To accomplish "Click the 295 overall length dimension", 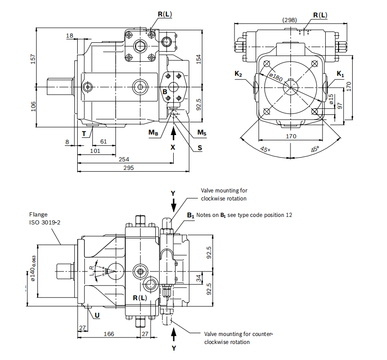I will (x=129, y=168).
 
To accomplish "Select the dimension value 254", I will (x=124, y=159).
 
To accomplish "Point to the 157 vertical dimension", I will (x=33, y=59).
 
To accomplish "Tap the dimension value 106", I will (x=33, y=106).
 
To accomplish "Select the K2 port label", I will (x=238, y=74).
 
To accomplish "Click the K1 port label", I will (x=340, y=74).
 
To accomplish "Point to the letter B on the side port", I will (x=165, y=91).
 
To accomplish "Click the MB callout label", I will (x=153, y=133).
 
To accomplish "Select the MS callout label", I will (x=202, y=133).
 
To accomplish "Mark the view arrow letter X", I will (x=173, y=147).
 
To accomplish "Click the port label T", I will (x=84, y=134).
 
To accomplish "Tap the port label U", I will (x=97, y=315).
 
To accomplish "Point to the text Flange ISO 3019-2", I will (x=45, y=218).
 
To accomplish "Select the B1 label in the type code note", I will (x=191, y=215).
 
